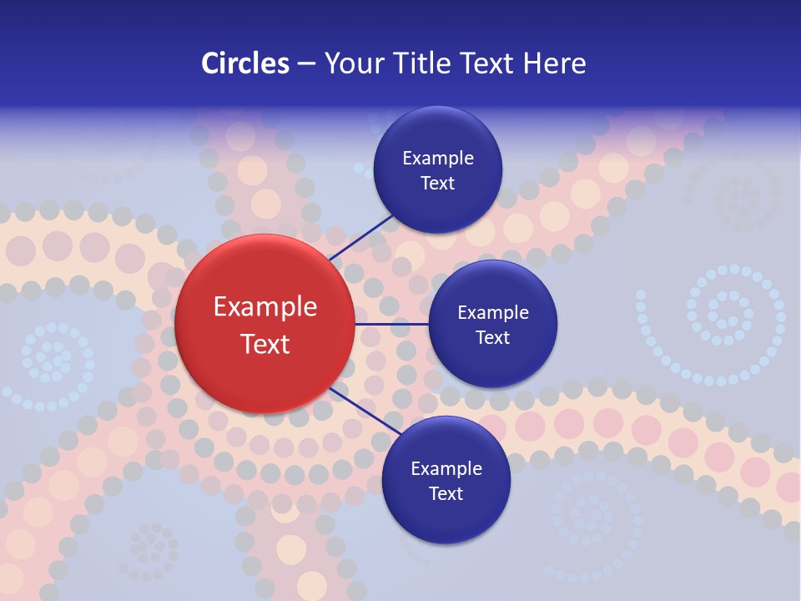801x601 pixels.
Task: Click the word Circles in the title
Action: click(245, 63)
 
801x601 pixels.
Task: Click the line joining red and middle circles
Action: click(392, 324)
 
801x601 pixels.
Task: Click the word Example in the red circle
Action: click(265, 307)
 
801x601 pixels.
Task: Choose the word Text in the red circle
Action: click(265, 343)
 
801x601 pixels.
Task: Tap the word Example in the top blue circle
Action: click(438, 158)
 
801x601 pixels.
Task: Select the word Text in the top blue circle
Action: click(438, 183)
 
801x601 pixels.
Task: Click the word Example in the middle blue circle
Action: click(493, 312)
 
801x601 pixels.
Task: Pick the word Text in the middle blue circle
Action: click(493, 337)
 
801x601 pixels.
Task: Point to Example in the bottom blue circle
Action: click(446, 468)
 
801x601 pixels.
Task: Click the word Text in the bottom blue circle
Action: click(446, 493)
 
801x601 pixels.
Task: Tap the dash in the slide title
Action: click(306, 64)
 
